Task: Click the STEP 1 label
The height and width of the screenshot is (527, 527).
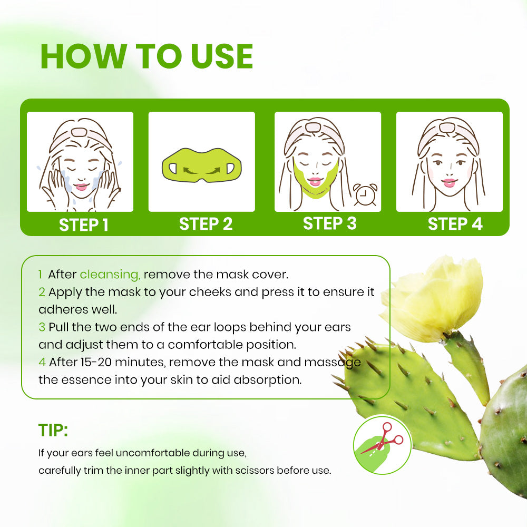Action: [x=84, y=225]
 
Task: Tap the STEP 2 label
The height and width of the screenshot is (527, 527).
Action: [x=206, y=224]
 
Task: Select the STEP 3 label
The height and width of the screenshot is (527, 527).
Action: [x=330, y=223]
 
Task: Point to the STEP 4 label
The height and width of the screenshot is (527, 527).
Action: [x=455, y=224]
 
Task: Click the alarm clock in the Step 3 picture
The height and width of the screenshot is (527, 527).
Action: [x=365, y=194]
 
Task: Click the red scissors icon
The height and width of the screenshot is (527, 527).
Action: [x=383, y=438]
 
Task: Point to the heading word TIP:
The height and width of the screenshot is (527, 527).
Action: [x=53, y=430]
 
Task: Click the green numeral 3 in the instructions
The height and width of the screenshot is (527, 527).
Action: [x=42, y=327]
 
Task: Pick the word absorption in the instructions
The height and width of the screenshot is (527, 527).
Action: [x=268, y=380]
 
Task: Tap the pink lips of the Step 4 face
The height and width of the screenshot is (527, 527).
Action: [x=449, y=183]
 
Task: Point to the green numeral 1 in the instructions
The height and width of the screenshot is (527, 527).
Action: [x=41, y=274]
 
